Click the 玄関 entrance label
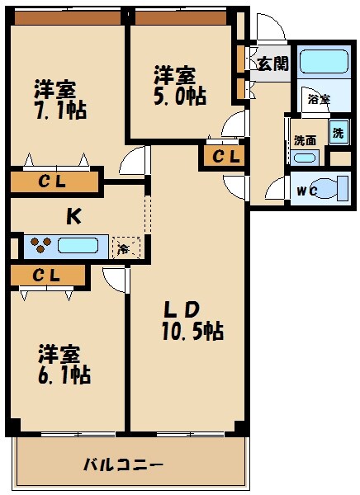click(x=272, y=64)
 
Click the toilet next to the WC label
click(x=334, y=188)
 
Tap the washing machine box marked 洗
click(x=339, y=132)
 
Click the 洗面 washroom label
click(x=305, y=139)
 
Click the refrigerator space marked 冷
click(x=125, y=247)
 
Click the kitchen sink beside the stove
click(x=81, y=246)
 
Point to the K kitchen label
click(x=73, y=216)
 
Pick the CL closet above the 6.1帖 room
click(x=48, y=275)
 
